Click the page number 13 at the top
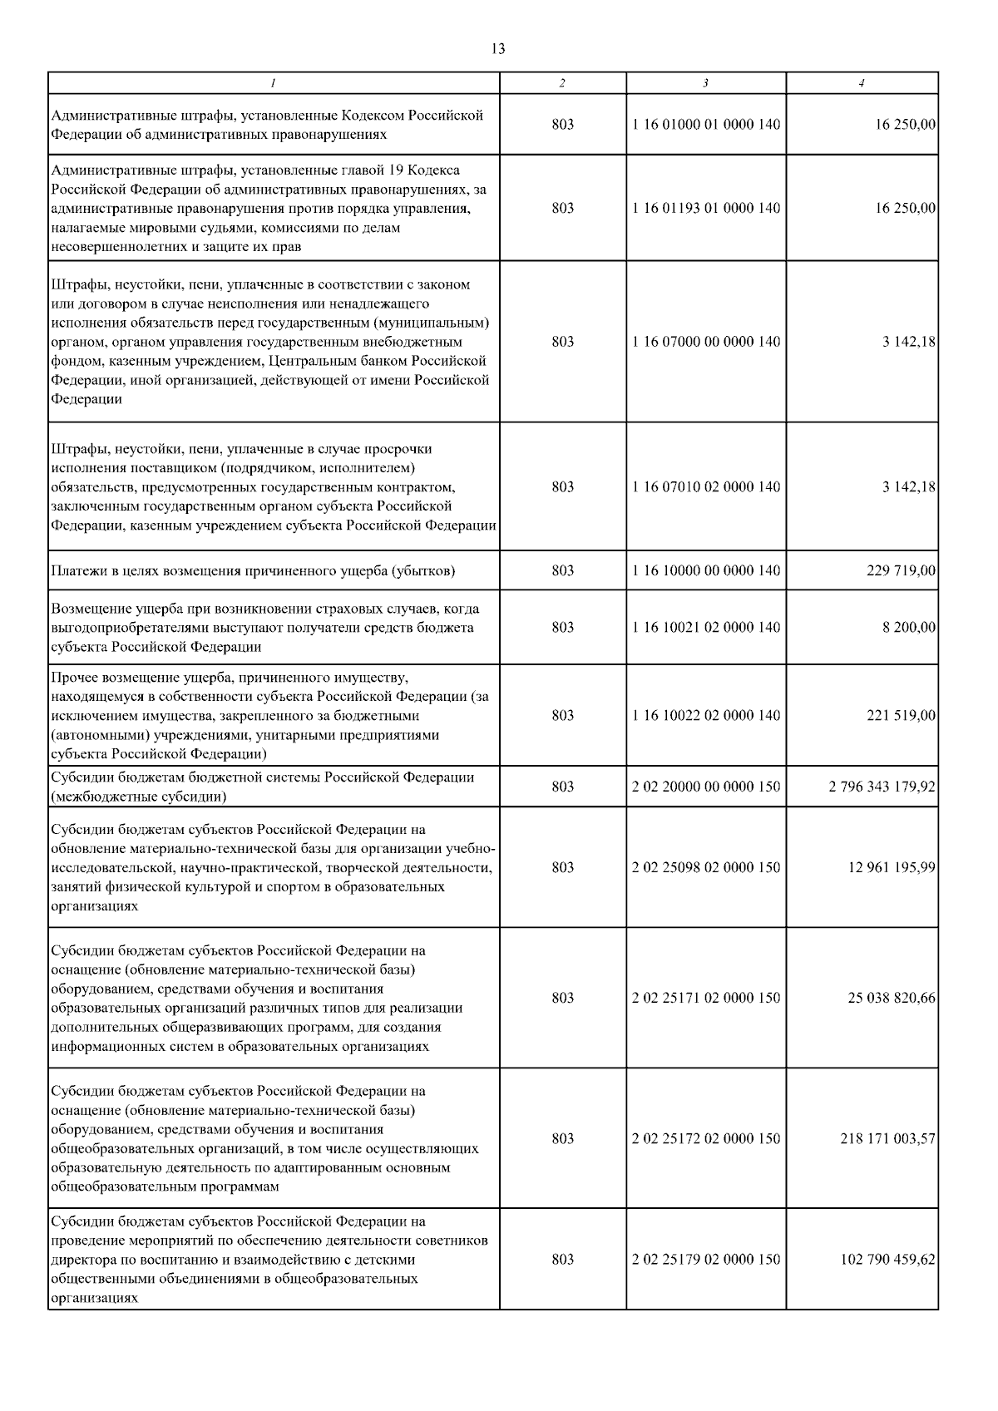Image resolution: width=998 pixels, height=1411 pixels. click(x=498, y=49)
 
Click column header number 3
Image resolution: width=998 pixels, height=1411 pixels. click(x=705, y=83)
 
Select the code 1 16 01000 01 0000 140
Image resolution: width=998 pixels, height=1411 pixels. click(x=706, y=125)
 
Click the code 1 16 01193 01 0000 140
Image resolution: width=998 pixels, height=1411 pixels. click(x=706, y=208)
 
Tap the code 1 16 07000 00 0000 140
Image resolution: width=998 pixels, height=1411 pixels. click(x=706, y=342)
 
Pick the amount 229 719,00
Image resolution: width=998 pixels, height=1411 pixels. click(x=902, y=570)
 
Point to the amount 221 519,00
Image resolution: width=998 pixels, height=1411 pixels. click(x=902, y=715)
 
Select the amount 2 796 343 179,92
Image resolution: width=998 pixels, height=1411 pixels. click(x=882, y=787)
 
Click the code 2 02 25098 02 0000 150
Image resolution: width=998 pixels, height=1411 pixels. click(x=706, y=867)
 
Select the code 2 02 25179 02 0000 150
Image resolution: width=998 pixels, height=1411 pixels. click(x=706, y=1259)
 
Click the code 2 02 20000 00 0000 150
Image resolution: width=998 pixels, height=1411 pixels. click(x=706, y=787)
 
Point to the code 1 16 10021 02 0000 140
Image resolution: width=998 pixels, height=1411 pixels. click(x=706, y=627)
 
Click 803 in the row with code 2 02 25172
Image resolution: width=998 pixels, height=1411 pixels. click(x=562, y=1138)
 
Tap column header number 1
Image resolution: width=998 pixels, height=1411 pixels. click(x=273, y=83)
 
